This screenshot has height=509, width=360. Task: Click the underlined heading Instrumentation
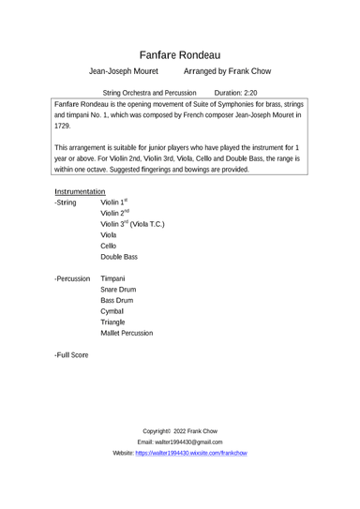pos(86,190)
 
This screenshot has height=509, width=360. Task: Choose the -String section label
pos(67,202)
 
